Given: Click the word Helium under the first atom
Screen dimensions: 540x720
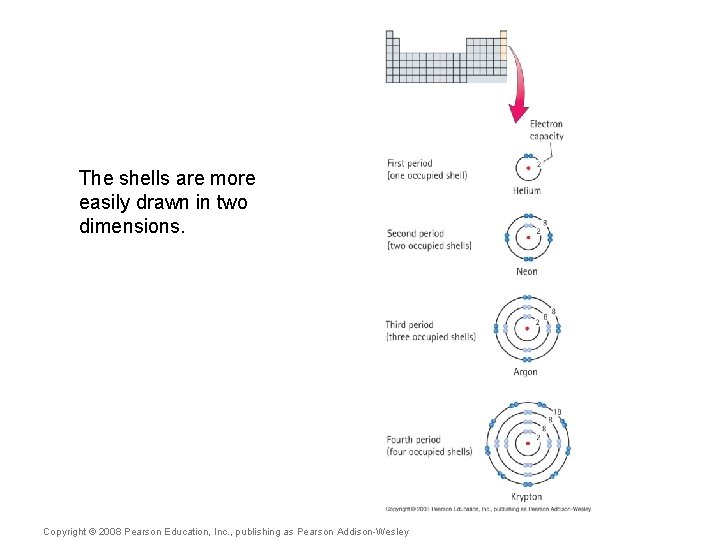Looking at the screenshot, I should pos(526,190).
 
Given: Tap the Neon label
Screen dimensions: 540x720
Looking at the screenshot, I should pos(527,271).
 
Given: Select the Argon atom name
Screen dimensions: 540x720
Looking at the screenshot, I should pos(525,372).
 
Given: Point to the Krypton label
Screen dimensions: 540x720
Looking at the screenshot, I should pos(527,496).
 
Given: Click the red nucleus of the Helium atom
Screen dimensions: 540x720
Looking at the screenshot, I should pos(528,167).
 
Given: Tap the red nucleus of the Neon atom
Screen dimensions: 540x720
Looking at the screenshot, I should pos(528,238).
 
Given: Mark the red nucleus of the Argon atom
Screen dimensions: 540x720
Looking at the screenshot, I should pos(527,328).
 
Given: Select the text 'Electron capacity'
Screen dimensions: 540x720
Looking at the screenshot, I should pos(546,130).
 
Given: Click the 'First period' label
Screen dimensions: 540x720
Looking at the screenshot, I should pos(409,163).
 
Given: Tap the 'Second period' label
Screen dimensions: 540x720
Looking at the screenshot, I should pos(415,234).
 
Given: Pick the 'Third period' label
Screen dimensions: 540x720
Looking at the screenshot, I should pos(410,324).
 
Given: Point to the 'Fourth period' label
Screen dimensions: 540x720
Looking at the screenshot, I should pos(413,440).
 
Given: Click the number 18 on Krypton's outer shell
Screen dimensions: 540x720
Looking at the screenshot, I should pos(557,410).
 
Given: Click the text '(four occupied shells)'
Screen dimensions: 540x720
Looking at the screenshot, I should pos(429,452).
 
